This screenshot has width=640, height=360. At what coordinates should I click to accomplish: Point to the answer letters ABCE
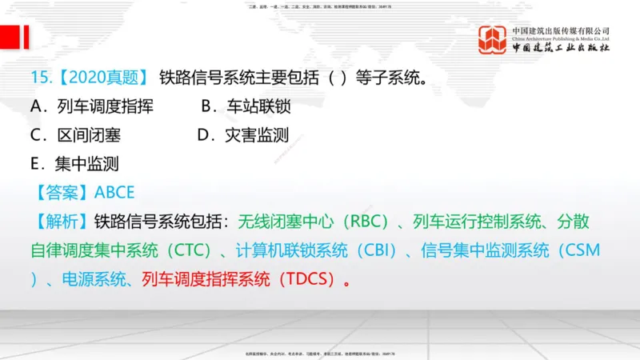point(114,193)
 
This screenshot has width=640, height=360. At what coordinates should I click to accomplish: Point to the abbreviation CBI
point(376,250)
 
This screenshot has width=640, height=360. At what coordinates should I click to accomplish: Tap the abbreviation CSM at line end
point(580,250)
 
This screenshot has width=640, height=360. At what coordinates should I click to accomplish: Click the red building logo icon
point(493,40)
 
